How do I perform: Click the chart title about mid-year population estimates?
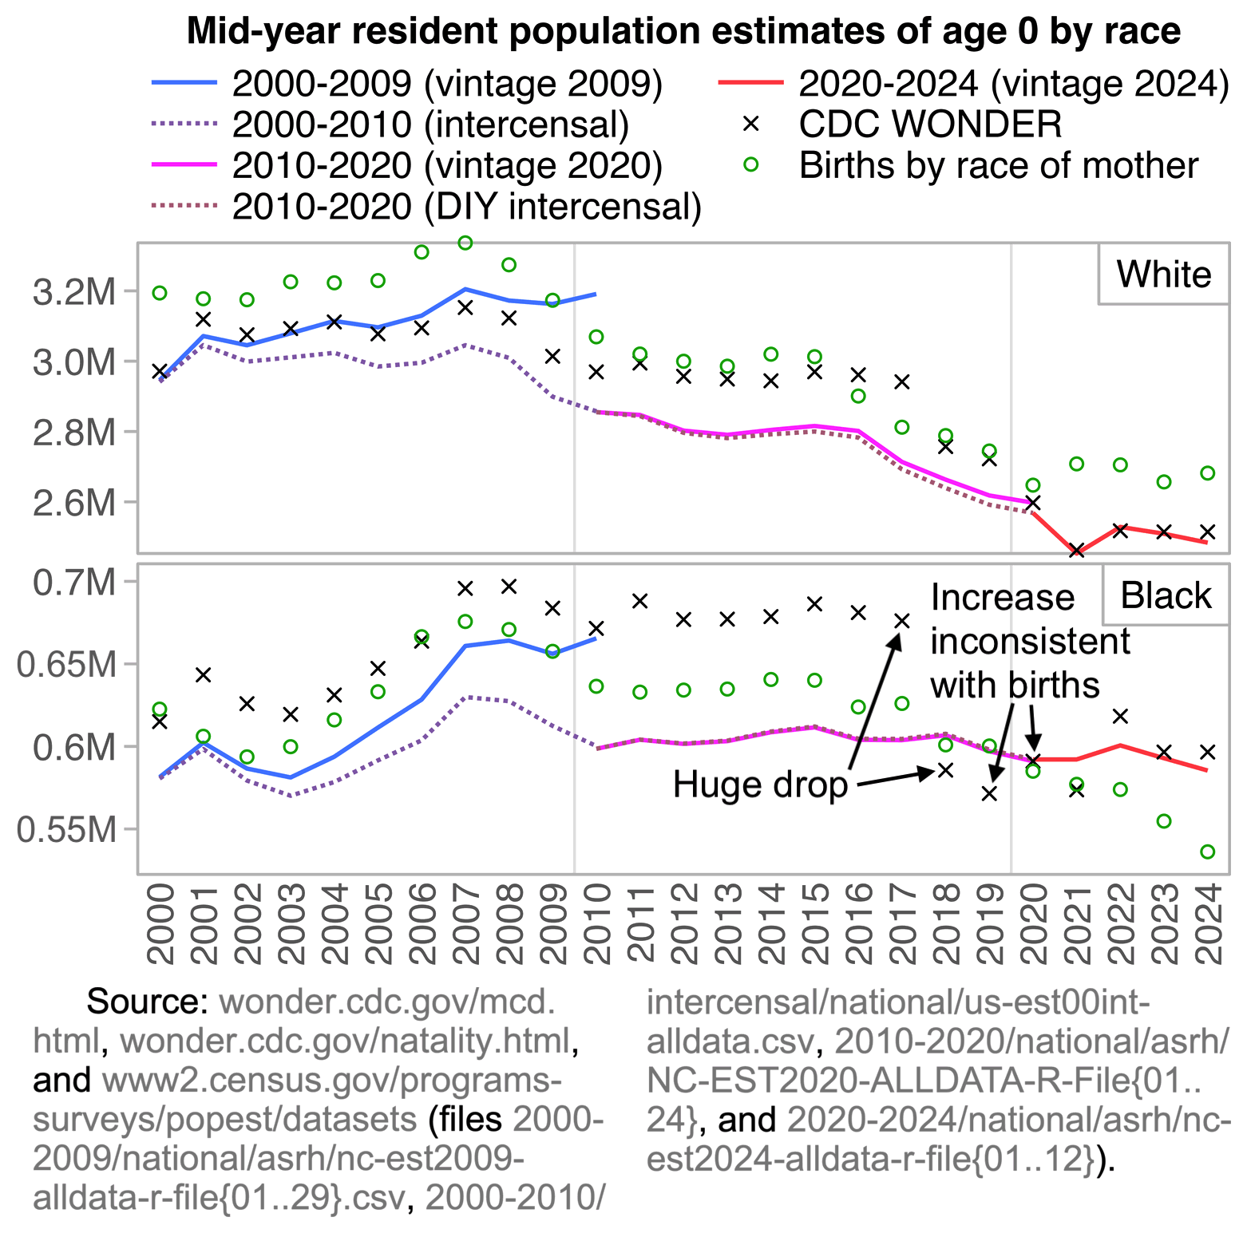tap(683, 32)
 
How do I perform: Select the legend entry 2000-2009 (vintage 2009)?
tap(447, 84)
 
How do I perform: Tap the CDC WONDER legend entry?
tap(930, 124)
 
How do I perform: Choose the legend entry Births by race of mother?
tap(998, 166)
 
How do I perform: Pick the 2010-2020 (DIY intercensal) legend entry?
tap(467, 207)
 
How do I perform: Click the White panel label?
tap(1163, 275)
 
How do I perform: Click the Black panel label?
tap(1166, 596)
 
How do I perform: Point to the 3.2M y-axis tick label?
tap(74, 293)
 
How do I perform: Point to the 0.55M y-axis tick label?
tap(66, 831)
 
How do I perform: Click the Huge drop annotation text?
tap(760, 785)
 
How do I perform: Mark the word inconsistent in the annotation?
tap(1030, 641)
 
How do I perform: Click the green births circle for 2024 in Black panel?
tap(1208, 852)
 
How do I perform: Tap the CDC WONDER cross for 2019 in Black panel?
tap(990, 793)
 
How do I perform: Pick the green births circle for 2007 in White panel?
tap(465, 243)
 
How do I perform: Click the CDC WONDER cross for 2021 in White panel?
tap(1077, 551)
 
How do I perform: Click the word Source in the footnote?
tap(147, 1002)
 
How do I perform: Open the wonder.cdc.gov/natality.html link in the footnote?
tap(345, 1041)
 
